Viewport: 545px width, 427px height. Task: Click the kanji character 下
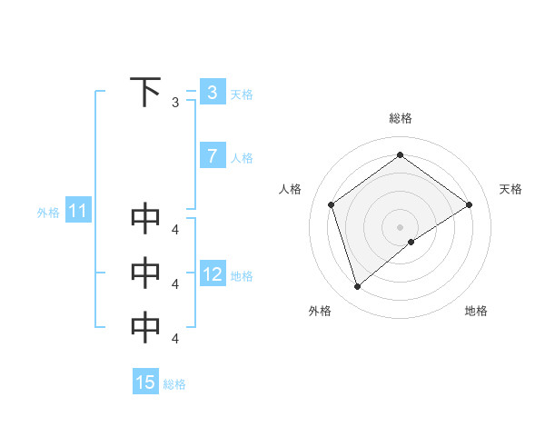145,93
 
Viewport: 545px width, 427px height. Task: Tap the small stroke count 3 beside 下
175,103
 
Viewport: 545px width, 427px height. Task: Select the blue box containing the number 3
212,92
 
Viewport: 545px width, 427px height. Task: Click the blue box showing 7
212,156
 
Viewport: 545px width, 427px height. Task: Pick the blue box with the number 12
212,274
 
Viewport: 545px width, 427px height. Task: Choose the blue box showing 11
77,212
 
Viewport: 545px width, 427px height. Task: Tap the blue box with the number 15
145,382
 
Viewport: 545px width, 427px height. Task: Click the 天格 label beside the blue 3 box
242,94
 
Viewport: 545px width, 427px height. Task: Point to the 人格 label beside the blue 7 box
242,158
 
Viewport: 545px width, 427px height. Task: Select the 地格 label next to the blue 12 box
242,276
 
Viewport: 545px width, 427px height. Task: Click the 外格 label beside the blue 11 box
48,213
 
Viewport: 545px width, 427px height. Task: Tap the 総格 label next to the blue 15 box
174,384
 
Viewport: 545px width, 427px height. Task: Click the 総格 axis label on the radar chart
400,118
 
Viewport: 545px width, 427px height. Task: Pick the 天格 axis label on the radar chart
510,189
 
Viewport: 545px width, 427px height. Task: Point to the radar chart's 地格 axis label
476,311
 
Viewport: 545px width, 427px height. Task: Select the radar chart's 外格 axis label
320,311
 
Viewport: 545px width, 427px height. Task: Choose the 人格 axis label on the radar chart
290,189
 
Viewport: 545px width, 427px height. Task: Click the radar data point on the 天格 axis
469,204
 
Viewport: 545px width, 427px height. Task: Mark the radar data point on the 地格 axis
411,242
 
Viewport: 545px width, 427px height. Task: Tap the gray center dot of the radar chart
400,226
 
